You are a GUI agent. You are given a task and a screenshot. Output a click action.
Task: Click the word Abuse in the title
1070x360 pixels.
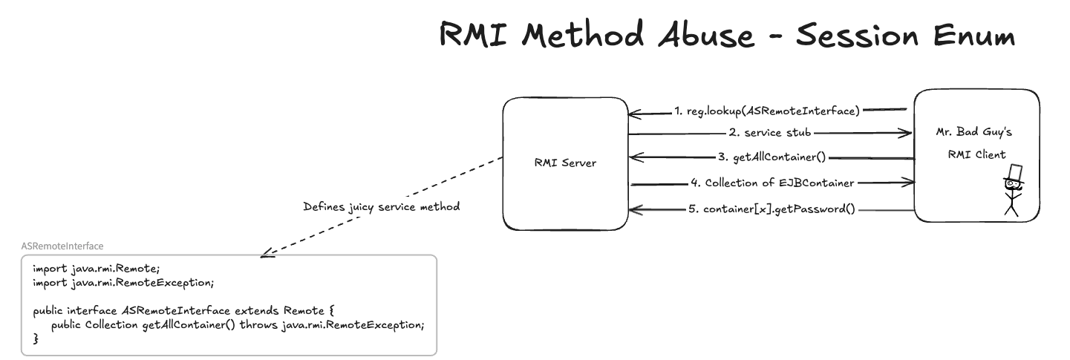click(706, 34)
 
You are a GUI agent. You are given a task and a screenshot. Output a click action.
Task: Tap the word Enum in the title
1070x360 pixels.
click(974, 36)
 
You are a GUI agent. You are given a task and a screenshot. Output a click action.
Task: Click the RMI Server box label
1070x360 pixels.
click(565, 163)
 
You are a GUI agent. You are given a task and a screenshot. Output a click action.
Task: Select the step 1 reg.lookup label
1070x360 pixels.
click(767, 111)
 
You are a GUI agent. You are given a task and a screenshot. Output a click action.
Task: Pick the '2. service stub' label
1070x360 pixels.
click(770, 132)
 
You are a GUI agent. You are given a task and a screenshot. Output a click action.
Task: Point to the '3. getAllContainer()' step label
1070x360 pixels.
click(772, 157)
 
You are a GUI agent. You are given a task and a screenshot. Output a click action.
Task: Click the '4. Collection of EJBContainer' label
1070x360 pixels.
click(772, 183)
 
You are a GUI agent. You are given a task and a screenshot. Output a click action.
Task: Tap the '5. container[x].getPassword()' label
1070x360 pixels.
click(772, 209)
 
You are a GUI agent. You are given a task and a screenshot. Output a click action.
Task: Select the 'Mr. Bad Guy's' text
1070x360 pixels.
click(974, 132)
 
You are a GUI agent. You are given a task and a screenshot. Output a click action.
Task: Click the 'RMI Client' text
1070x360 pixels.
click(977, 154)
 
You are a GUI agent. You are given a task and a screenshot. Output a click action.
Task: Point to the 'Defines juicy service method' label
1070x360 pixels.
click(382, 207)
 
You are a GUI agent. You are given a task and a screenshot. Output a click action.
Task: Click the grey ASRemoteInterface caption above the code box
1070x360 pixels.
click(62, 246)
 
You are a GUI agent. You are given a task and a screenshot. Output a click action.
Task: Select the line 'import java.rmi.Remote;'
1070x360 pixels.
click(97, 269)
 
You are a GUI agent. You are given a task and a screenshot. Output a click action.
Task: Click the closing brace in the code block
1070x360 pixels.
click(36, 338)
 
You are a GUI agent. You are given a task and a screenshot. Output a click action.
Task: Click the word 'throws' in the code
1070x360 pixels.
click(258, 325)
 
